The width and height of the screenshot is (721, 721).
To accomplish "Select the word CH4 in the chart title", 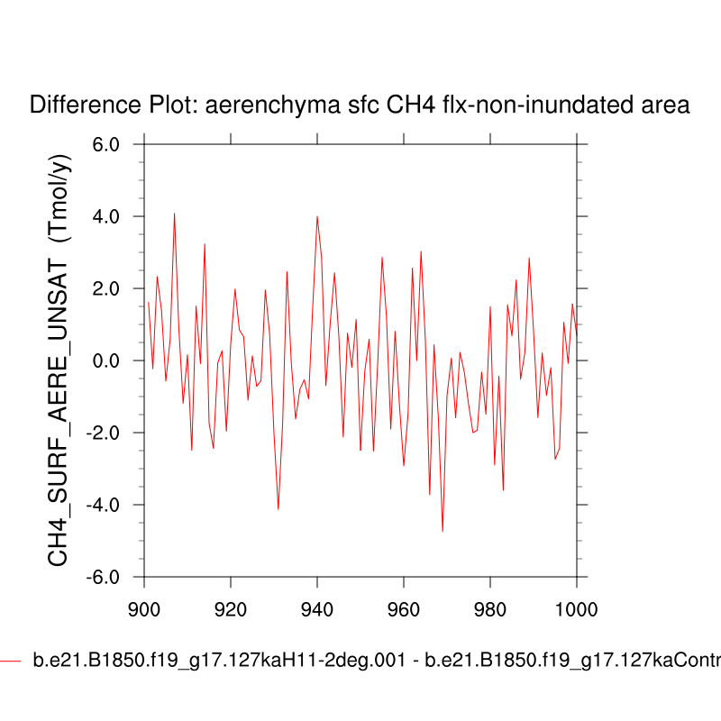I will click(406, 105).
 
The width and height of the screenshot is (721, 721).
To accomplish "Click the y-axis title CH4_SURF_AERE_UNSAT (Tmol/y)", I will click(59, 360).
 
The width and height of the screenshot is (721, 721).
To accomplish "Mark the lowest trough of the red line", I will click(443, 531).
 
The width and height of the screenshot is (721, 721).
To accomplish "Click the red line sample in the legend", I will click(10, 661).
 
